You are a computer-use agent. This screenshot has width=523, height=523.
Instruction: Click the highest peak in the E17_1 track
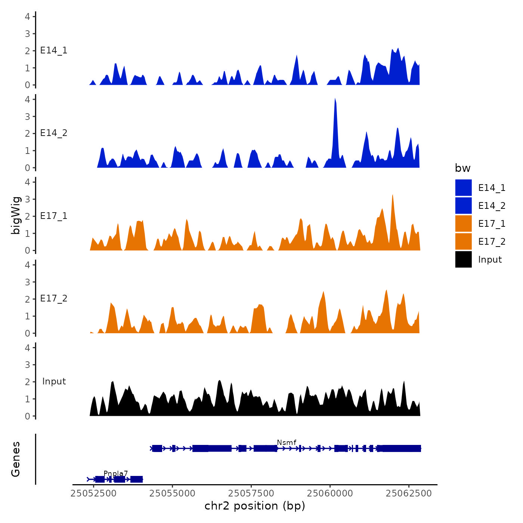[x=392, y=195]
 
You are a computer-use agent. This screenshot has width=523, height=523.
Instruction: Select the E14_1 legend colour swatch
[x=463, y=188]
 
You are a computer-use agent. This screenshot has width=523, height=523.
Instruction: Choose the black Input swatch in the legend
[x=463, y=259]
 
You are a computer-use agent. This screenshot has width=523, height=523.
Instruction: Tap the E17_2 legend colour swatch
[x=463, y=241]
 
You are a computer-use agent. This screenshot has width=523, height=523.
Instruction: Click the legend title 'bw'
[x=462, y=168]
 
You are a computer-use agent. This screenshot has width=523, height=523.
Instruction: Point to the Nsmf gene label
[x=287, y=442]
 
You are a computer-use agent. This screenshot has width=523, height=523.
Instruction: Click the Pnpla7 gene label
[x=116, y=473]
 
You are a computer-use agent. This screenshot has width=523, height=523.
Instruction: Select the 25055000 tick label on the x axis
[x=172, y=493]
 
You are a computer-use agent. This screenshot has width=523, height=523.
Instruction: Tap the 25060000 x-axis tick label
[x=330, y=493]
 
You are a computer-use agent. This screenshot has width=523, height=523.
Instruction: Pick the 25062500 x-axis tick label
[x=409, y=493]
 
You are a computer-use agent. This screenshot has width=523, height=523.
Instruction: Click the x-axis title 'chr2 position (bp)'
[x=255, y=506]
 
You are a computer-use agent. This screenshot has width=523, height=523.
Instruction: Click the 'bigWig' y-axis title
[x=16, y=216]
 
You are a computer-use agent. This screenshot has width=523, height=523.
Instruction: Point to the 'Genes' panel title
[x=16, y=459]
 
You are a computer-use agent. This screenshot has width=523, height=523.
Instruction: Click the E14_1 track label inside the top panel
[x=54, y=50]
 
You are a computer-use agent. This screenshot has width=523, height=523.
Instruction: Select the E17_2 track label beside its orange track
[x=54, y=298]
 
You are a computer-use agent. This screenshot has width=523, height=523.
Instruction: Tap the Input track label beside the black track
[x=54, y=381]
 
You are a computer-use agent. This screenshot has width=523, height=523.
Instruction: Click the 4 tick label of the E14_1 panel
[x=28, y=16]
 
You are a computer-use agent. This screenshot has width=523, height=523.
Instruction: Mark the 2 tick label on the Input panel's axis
[x=28, y=382]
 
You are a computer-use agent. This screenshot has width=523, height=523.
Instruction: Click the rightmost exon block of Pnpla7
[x=137, y=479]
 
